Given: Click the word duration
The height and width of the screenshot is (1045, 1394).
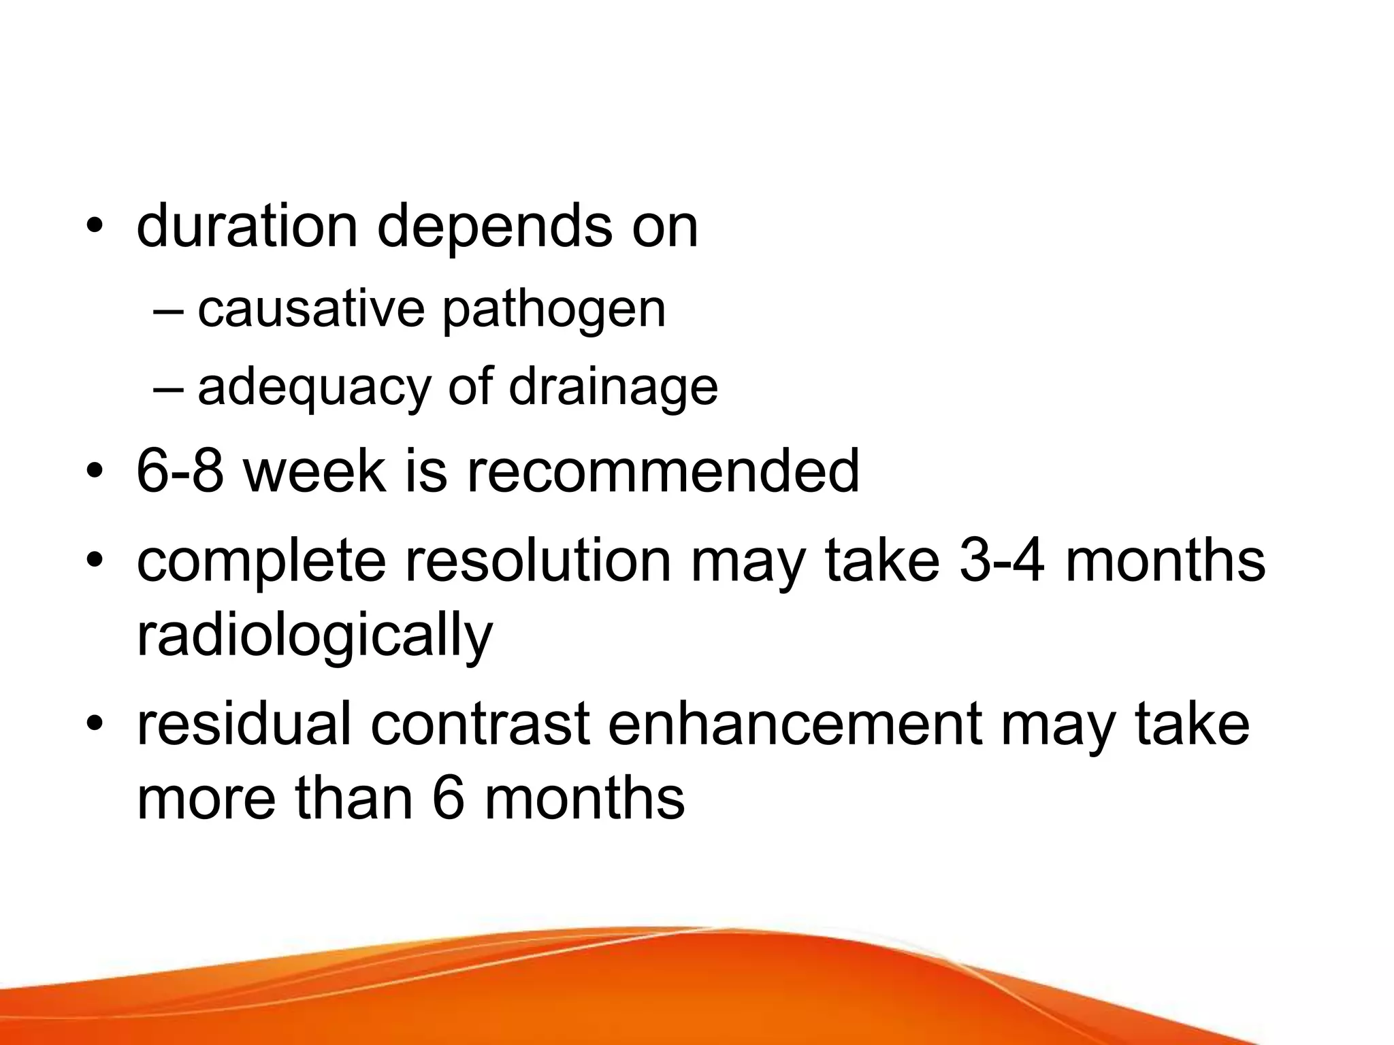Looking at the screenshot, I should pos(246,226).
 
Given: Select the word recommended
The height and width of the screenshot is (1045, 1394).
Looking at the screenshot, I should pos(662,471).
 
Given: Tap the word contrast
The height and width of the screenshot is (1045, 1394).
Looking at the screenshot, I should pos(480,725).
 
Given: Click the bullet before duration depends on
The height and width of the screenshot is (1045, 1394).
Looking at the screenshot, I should pos(95,227).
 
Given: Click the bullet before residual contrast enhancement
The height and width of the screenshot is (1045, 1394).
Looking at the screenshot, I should pos(95,725).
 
